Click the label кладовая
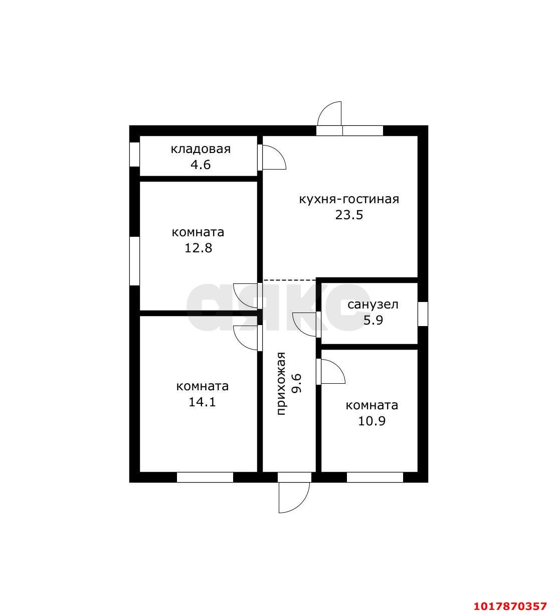[201, 149]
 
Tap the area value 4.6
[201, 165]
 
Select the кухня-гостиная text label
[349, 200]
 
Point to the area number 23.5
[349, 215]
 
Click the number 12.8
[198, 248]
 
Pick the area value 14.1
[202, 402]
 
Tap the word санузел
[373, 304]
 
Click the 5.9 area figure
[373, 321]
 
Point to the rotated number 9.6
[297, 383]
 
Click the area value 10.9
[371, 421]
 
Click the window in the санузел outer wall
[423, 314]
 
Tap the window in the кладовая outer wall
[134, 154]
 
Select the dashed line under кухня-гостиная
[289, 280]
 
